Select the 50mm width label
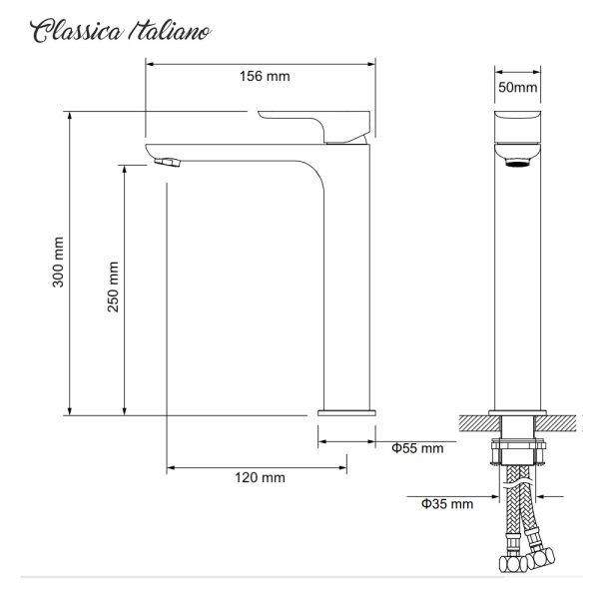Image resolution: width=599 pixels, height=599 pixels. pyautogui.click(x=518, y=88)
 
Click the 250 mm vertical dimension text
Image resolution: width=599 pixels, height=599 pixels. pyautogui.click(x=113, y=289)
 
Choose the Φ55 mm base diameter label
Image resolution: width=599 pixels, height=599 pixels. pyautogui.click(x=416, y=448)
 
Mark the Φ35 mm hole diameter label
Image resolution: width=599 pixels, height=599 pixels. pyautogui.click(x=446, y=504)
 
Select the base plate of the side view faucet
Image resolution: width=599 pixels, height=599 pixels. pyautogui.click(x=346, y=410)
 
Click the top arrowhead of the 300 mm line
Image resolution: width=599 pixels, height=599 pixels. pyautogui.click(x=71, y=116)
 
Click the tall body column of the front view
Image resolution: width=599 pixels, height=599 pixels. pyautogui.click(x=518, y=290)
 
